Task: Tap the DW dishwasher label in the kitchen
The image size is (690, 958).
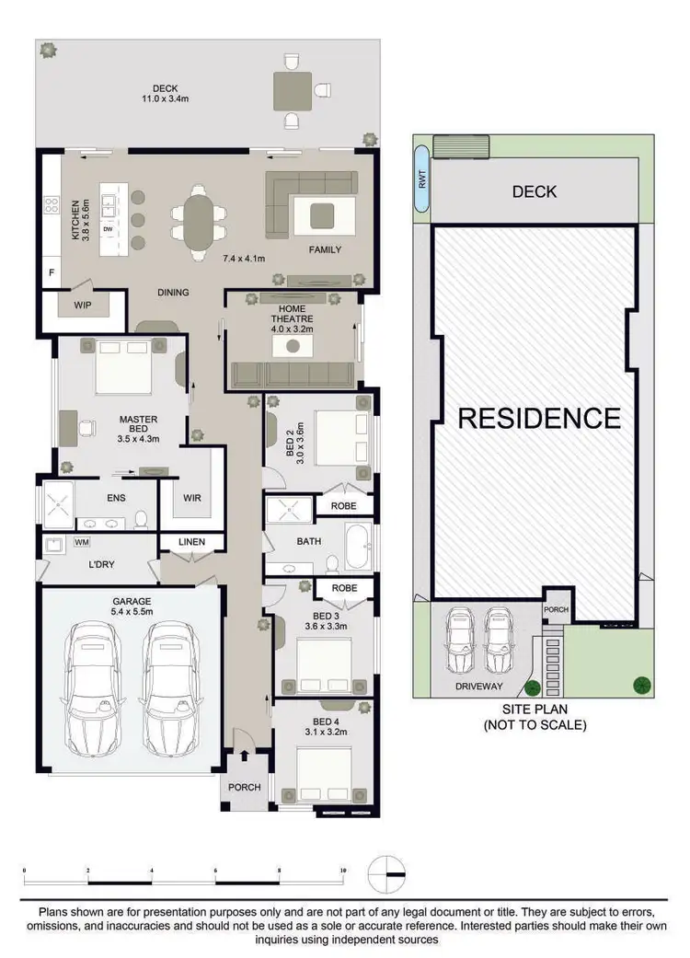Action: point(108,228)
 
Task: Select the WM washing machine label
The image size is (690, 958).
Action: point(82,543)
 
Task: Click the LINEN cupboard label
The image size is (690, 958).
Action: point(191,542)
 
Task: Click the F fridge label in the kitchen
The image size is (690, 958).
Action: point(51,273)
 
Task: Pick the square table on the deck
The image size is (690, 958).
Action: point(293,91)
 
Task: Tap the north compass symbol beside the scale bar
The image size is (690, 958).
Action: point(387,870)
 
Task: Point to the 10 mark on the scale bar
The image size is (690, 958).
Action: point(342,870)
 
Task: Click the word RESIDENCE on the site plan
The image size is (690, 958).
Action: point(539,419)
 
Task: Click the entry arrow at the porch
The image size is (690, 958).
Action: point(244,756)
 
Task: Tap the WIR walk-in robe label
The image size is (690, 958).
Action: point(191,498)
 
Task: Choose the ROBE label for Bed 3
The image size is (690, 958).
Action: point(344,586)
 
